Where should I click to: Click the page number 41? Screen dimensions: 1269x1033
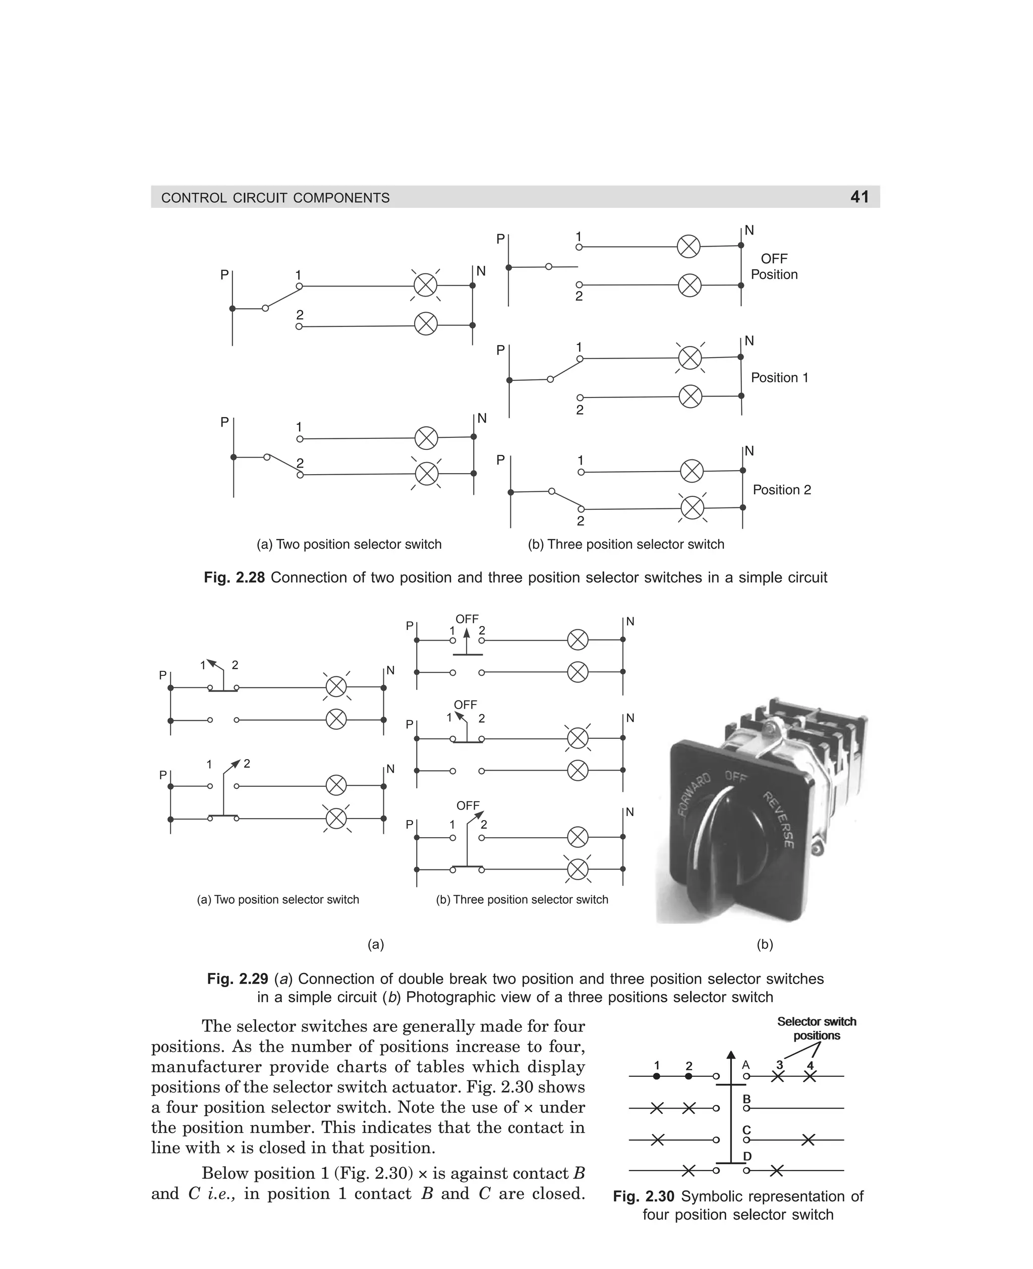click(x=859, y=197)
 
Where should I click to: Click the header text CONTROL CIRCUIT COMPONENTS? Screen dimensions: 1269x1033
click(x=275, y=198)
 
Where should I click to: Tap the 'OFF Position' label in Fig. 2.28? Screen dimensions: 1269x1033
click(x=774, y=266)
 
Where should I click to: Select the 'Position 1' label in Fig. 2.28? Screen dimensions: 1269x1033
click(x=779, y=378)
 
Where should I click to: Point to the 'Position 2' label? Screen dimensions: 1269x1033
click(x=781, y=490)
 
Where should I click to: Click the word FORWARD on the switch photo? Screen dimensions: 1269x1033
click(x=695, y=795)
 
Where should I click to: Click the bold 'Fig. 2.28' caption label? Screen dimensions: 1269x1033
click(x=234, y=578)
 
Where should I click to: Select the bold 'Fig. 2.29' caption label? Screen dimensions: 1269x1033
click(x=238, y=978)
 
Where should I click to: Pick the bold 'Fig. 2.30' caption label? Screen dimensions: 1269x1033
click(x=643, y=1196)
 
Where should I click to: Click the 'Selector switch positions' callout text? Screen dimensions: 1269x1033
click(x=817, y=1028)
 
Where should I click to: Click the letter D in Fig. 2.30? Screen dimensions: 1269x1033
click(x=748, y=1156)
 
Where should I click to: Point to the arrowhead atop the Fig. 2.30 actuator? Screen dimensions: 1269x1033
click(x=731, y=1055)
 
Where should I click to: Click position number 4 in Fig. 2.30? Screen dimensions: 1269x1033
click(x=810, y=1066)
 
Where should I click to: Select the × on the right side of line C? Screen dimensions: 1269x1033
click(x=808, y=1140)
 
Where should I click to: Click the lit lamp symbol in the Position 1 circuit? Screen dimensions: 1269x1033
click(x=690, y=358)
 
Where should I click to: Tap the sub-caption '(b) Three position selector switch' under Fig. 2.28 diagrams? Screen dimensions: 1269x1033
click(x=626, y=544)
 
